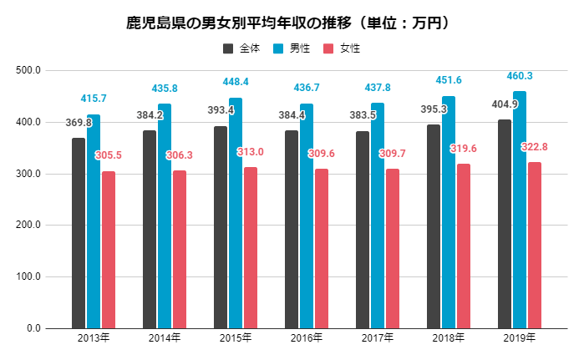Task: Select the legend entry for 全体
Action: [241, 48]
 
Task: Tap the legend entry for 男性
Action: [292, 48]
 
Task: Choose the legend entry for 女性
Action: [342, 48]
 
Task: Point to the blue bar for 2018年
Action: [449, 212]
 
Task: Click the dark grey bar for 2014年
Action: [150, 229]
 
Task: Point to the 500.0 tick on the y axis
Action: [28, 71]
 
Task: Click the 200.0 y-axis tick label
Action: [28, 226]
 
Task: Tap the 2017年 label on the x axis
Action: [377, 338]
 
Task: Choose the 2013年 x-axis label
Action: [93, 338]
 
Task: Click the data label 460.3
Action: [520, 76]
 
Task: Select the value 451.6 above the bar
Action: [449, 80]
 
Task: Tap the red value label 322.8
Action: [539, 147]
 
